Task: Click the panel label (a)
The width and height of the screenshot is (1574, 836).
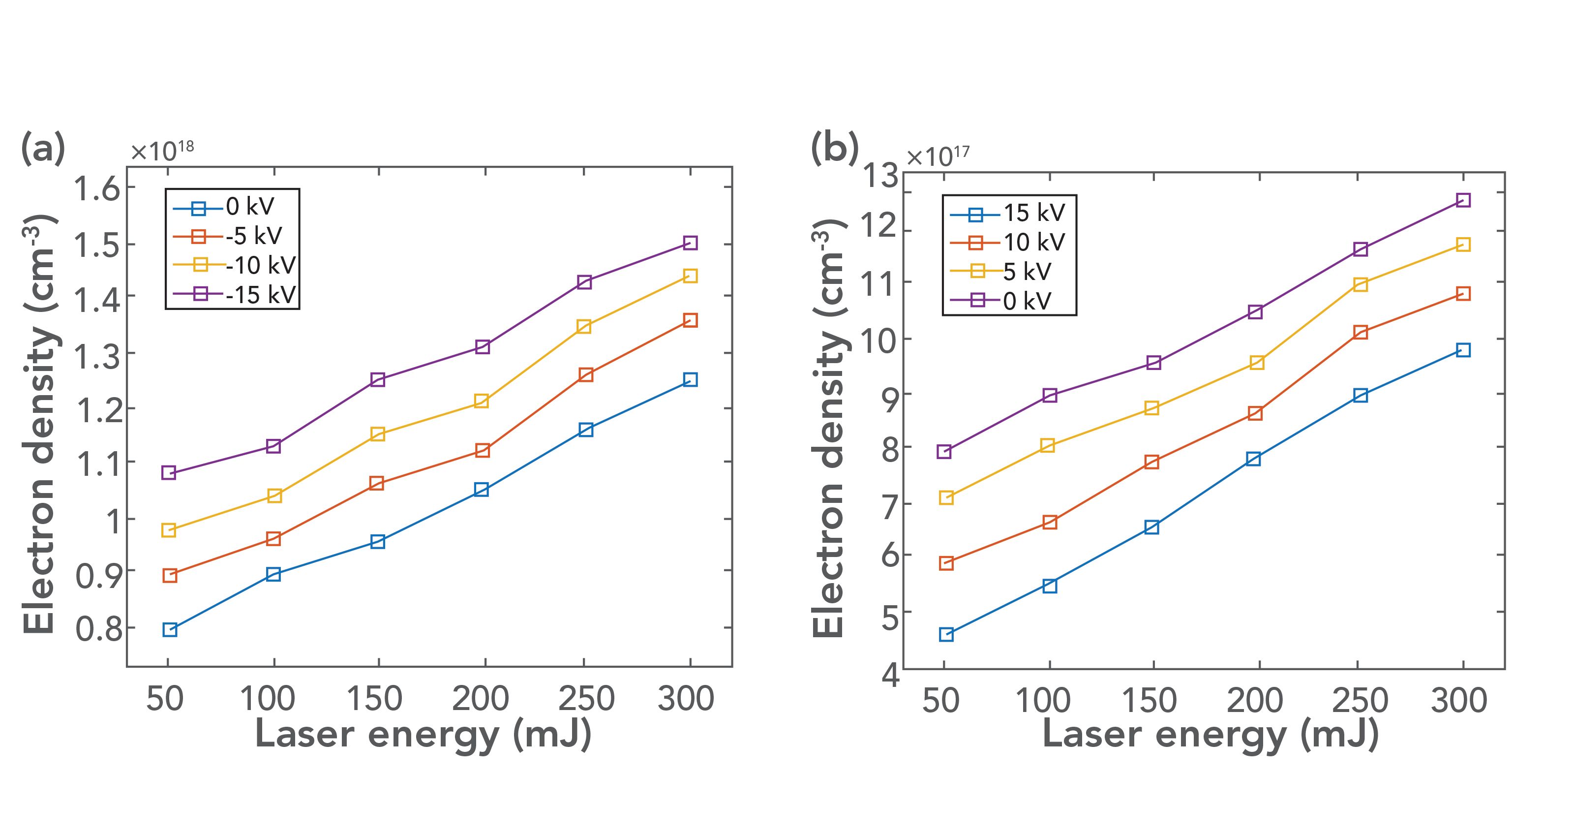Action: (x=43, y=149)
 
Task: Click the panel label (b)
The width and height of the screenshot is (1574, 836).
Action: (x=834, y=149)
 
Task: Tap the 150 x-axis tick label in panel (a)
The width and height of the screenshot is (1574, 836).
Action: (x=374, y=699)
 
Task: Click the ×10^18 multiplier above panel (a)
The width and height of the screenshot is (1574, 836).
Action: (x=162, y=151)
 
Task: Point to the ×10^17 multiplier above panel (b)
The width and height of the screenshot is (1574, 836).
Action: (x=938, y=156)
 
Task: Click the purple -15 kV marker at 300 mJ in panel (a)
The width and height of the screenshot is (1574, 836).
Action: (x=690, y=243)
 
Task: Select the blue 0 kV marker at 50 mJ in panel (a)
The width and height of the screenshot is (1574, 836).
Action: (x=170, y=630)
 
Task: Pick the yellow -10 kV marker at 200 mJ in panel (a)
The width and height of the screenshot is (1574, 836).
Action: (x=482, y=402)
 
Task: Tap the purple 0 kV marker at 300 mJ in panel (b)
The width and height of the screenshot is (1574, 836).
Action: (x=1463, y=200)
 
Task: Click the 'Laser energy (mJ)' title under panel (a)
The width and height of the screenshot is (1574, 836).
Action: (x=423, y=735)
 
